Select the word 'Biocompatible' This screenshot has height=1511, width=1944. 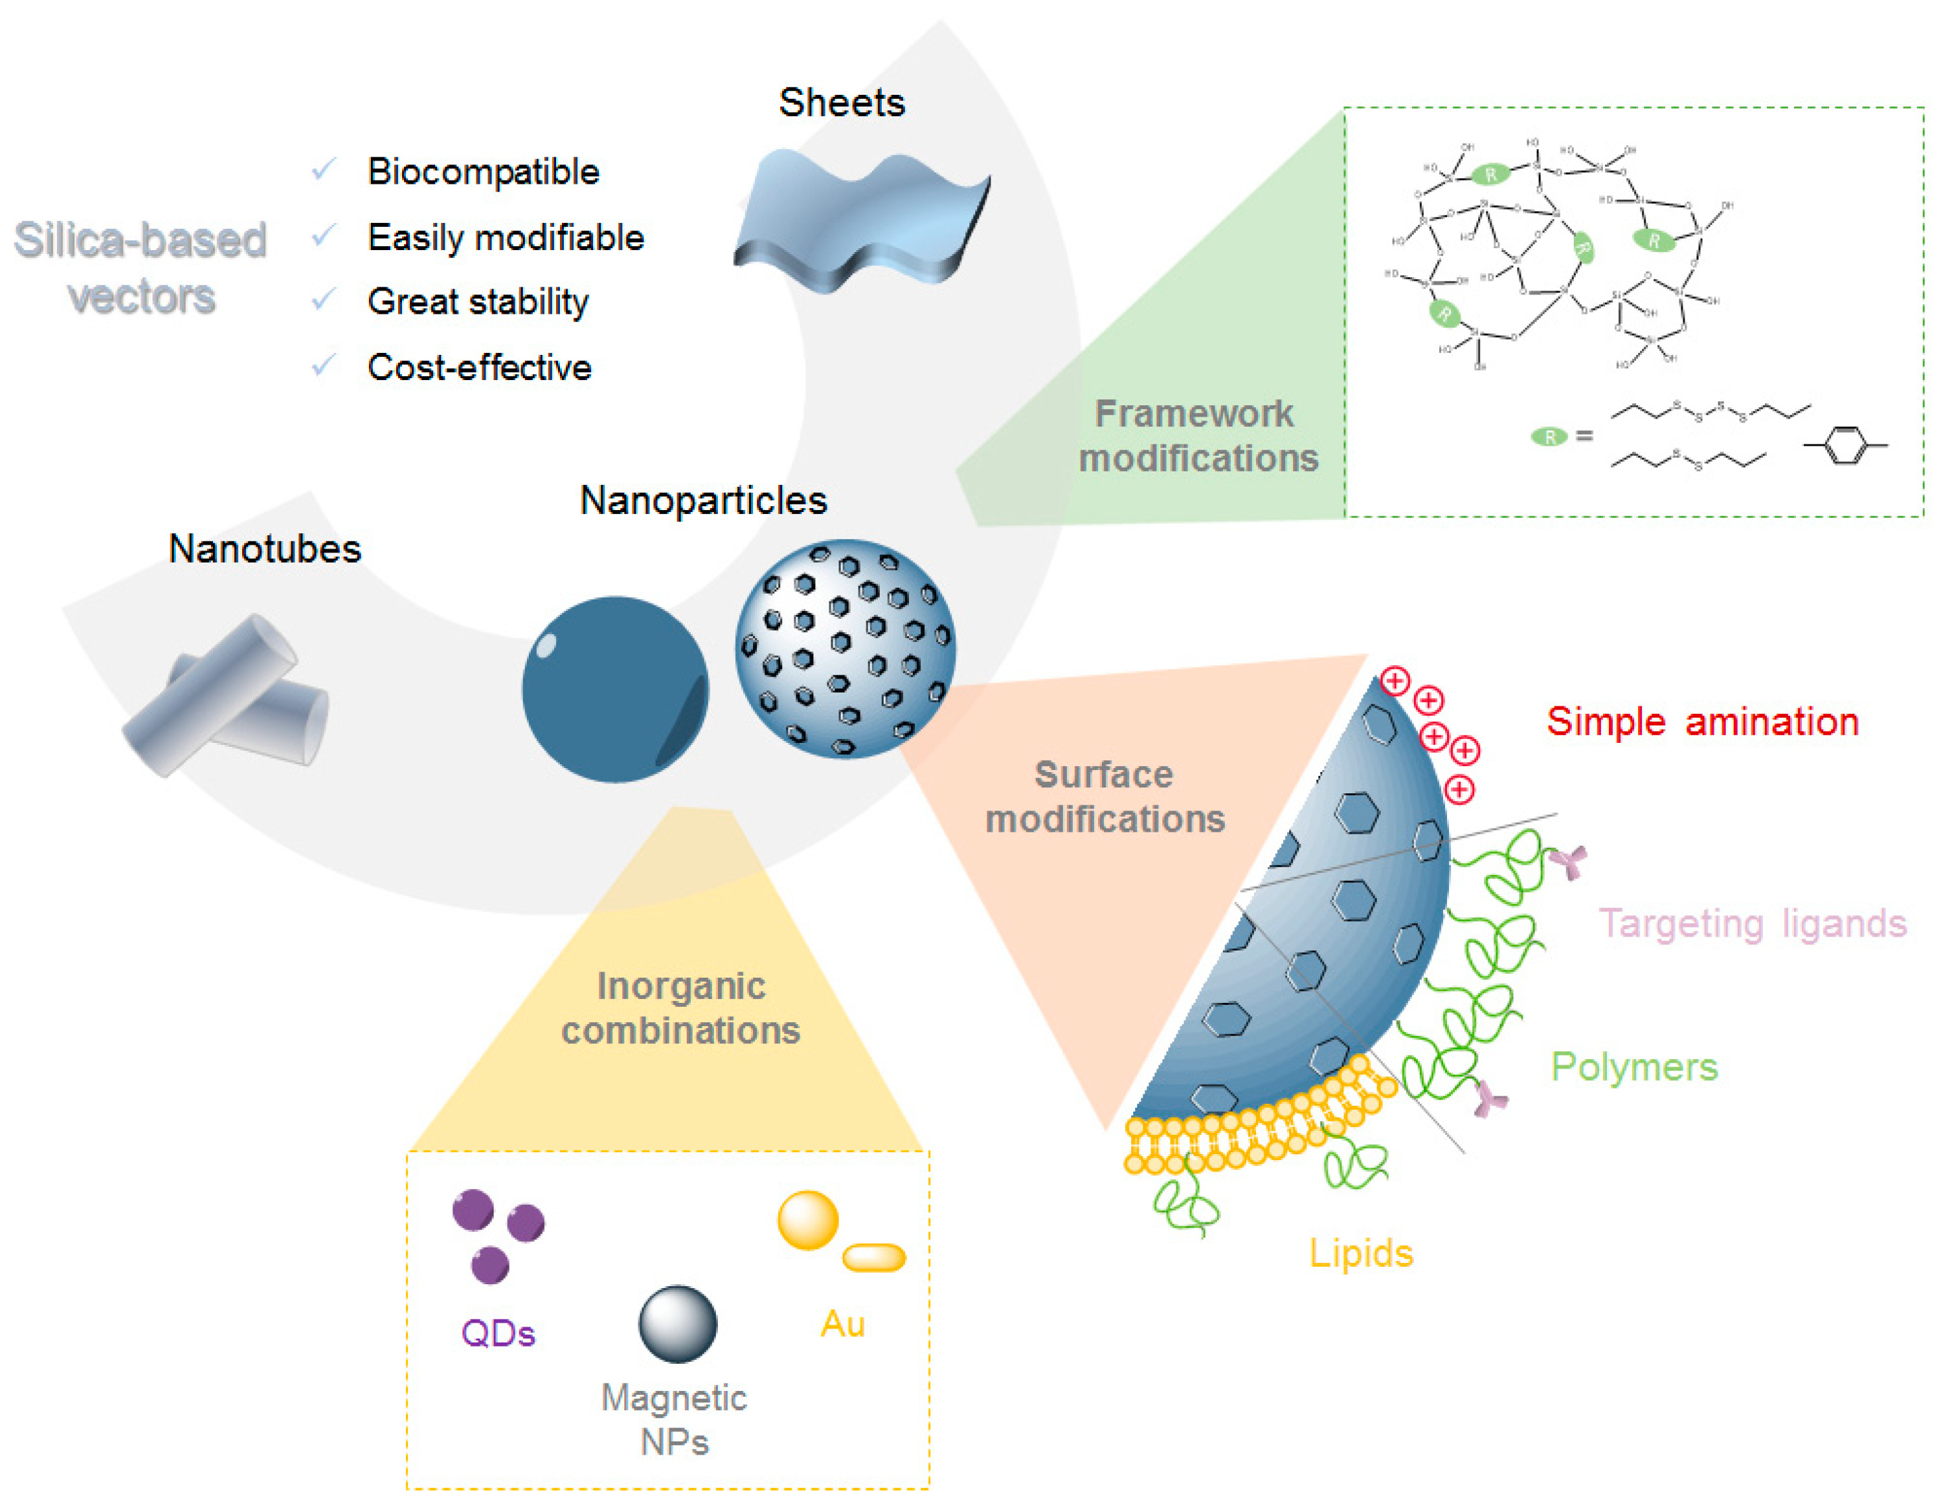[x=483, y=172]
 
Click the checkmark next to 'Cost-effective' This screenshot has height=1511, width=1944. [x=323, y=365]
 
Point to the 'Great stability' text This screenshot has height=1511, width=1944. [x=478, y=302]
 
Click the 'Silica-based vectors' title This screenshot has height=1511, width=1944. [x=141, y=267]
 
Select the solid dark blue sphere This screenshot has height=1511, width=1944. [x=614, y=690]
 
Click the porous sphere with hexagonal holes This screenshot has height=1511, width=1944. [x=845, y=649]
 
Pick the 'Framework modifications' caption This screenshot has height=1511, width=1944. [x=1196, y=436]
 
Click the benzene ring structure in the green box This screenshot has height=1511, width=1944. [x=1845, y=445]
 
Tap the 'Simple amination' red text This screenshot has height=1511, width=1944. [x=1702, y=722]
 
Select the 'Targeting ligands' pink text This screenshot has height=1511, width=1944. [x=1752, y=924]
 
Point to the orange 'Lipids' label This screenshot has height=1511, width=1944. [x=1360, y=1253]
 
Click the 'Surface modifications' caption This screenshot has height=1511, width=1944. [x=1104, y=797]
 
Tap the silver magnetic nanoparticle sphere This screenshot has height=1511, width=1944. [x=677, y=1324]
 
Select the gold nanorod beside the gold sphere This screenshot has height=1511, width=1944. [x=873, y=1258]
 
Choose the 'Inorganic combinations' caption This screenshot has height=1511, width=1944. [x=680, y=1008]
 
